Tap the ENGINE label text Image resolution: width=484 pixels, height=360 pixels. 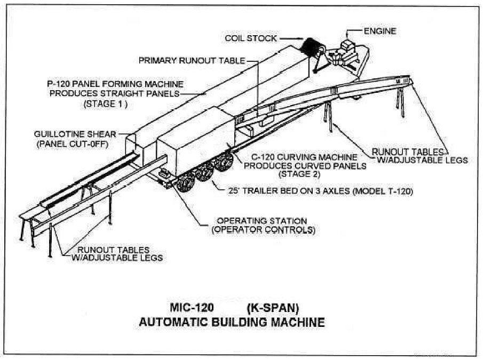coord(379,31)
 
